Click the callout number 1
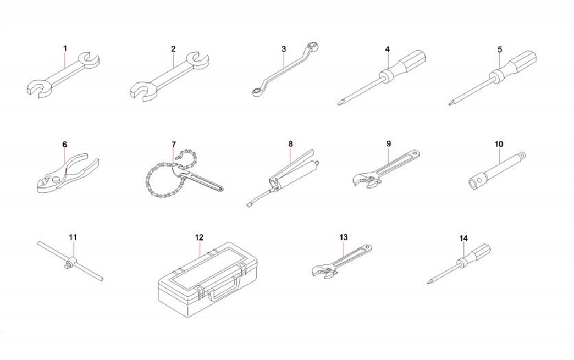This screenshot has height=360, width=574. pos(65,48)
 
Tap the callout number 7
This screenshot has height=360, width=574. pos(174,145)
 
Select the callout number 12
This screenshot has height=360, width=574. pos(199,237)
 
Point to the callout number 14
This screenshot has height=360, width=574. pos(463,239)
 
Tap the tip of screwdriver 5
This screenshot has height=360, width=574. pos(450,104)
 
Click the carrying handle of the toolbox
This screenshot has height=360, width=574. pos(224,286)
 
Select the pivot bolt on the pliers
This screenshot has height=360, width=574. pos(56,179)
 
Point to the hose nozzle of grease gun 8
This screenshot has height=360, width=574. pos(249,204)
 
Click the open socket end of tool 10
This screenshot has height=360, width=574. pos(475,182)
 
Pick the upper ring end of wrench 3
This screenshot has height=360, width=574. pos(314,46)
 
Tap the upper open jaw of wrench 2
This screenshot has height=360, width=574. pos(197,60)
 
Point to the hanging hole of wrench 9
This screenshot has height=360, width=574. pos(415,153)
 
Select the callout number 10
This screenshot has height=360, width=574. pos(499,144)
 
